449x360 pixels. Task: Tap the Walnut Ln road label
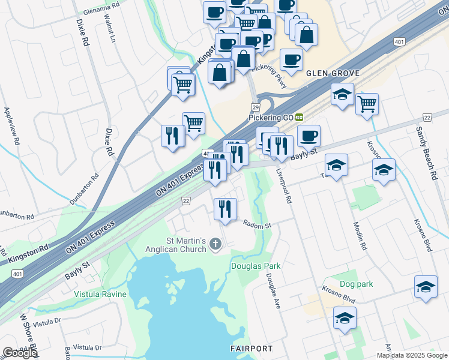(x=112, y=31)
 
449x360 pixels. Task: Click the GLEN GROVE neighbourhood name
(x=333, y=73)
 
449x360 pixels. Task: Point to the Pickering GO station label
(x=270, y=118)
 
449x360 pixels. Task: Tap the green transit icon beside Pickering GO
(x=298, y=118)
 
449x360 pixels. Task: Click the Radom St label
(x=258, y=225)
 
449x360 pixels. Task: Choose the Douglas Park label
(x=256, y=266)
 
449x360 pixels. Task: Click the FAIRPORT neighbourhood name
(x=252, y=349)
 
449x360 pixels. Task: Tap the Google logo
(x=19, y=353)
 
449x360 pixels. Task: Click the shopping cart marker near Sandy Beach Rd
(x=367, y=104)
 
